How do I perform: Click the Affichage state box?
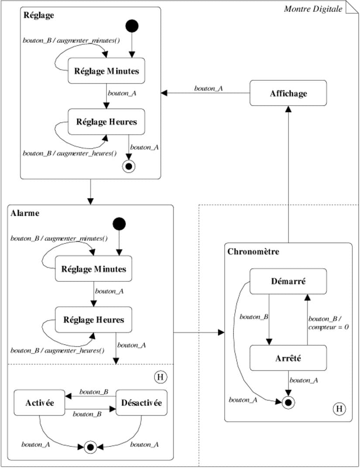click(x=288, y=93)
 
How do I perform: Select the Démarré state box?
click(x=288, y=281)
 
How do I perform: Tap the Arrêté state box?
click(x=288, y=358)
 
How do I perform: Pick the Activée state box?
click(x=39, y=403)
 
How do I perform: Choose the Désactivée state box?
click(x=142, y=403)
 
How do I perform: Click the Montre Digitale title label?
click(x=313, y=9)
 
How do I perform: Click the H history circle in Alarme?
click(x=160, y=376)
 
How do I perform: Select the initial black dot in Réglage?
click(x=132, y=26)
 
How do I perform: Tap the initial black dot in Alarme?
click(x=119, y=224)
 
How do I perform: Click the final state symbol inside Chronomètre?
click(x=288, y=403)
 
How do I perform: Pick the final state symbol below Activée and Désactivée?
click(x=90, y=447)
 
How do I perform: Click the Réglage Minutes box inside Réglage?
click(x=106, y=71)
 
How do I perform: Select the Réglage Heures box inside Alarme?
click(x=93, y=320)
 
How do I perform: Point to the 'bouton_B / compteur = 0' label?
click(x=328, y=322)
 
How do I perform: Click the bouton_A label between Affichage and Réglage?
click(x=209, y=88)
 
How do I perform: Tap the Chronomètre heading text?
click(x=253, y=252)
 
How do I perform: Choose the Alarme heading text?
click(x=25, y=213)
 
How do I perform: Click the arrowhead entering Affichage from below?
click(x=288, y=109)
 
